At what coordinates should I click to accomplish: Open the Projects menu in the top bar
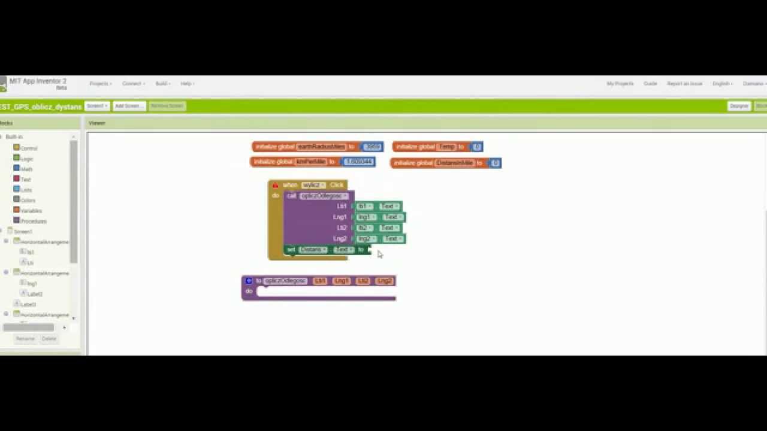click(100, 84)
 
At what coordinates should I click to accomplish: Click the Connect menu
click(133, 84)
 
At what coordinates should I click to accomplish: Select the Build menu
click(162, 84)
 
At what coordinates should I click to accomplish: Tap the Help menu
click(188, 84)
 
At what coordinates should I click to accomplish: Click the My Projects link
click(620, 84)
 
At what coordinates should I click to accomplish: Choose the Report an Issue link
click(684, 84)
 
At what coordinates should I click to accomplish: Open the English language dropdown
click(722, 84)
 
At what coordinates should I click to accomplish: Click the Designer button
click(739, 106)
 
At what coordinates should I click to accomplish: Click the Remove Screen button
click(167, 106)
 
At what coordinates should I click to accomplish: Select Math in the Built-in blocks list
click(26, 169)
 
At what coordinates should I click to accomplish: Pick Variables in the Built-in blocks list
click(31, 211)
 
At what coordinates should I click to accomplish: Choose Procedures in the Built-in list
click(33, 221)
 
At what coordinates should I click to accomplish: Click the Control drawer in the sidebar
click(29, 148)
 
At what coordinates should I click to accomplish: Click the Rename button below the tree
click(25, 339)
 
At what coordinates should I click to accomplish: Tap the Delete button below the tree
click(49, 339)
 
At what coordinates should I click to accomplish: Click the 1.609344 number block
click(358, 162)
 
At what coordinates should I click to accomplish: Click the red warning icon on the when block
click(276, 185)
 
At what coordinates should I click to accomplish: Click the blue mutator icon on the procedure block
click(249, 281)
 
